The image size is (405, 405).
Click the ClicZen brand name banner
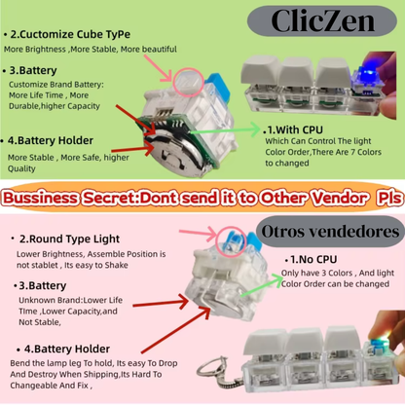320,18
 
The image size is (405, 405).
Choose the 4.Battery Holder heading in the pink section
65,348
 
